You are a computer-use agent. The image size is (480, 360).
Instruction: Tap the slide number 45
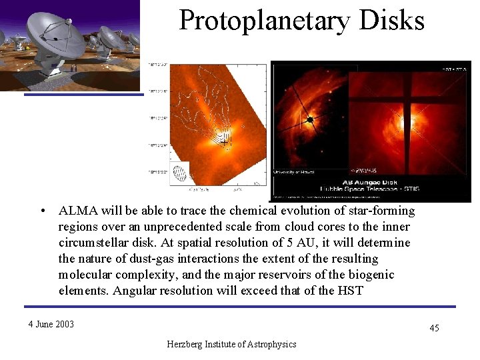(434, 327)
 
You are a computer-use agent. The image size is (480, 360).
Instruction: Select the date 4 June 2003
(51, 325)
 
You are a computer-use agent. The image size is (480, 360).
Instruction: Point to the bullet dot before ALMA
(42, 211)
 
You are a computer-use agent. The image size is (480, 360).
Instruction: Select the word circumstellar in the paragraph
(91, 243)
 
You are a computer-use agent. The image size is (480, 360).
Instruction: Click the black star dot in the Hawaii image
(310, 120)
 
